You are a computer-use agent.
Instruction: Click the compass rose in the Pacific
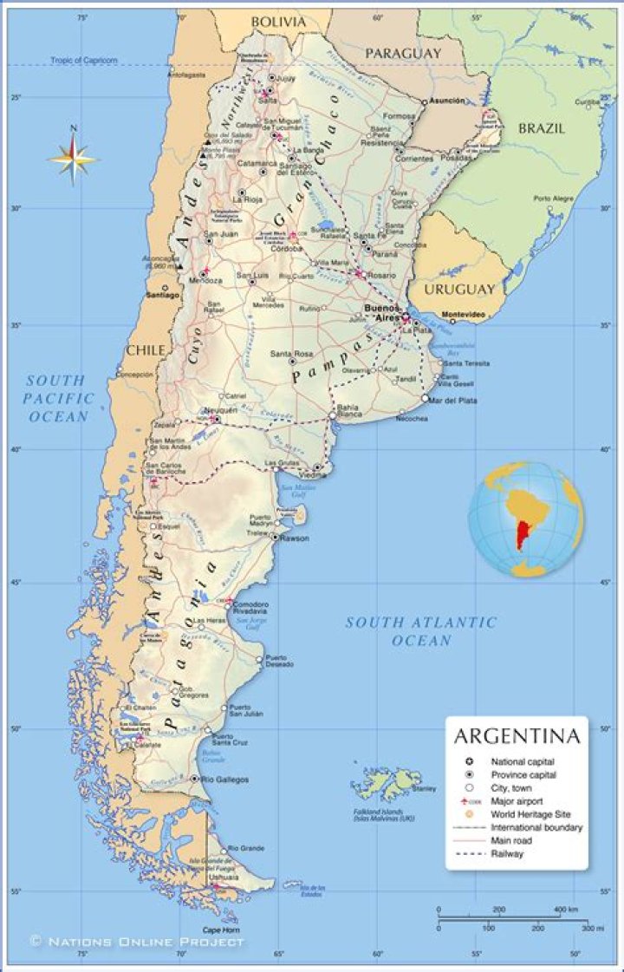(74, 157)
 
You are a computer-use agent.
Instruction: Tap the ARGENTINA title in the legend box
(517, 737)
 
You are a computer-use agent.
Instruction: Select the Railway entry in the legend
(507, 853)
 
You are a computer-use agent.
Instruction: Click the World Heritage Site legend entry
(530, 814)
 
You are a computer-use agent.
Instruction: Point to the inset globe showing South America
(526, 519)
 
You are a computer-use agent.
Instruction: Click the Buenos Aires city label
(382, 313)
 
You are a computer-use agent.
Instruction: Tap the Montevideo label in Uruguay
(463, 314)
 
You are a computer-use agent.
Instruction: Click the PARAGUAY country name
(402, 54)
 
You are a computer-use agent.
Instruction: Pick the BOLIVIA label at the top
(278, 21)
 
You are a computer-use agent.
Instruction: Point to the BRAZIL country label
(542, 128)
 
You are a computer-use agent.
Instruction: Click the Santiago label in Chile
(163, 296)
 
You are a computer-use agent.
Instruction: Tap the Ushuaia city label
(224, 877)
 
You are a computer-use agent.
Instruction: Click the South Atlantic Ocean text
(421, 631)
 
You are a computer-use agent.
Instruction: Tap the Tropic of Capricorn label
(83, 61)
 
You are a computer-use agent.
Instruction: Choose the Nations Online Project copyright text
(137, 941)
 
